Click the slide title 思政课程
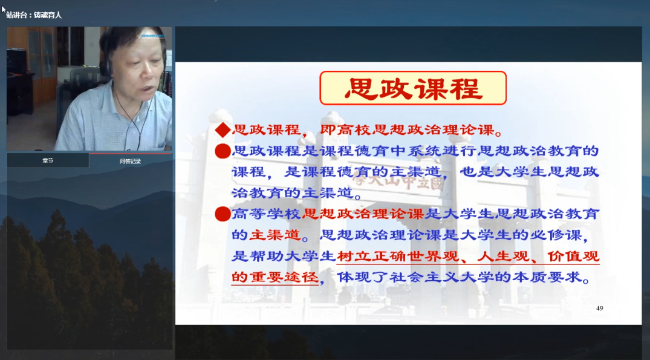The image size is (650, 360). [413, 88]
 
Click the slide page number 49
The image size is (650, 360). [599, 308]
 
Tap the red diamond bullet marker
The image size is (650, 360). [223, 131]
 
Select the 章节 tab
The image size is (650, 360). [48, 160]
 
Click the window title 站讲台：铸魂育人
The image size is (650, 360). [34, 15]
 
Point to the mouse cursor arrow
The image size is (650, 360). [4, 9]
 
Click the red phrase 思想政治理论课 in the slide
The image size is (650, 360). [363, 214]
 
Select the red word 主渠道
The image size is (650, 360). [274, 235]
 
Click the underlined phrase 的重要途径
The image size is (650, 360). [275, 277]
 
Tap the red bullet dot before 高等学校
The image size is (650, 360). [223, 214]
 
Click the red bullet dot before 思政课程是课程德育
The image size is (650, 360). [223, 151]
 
